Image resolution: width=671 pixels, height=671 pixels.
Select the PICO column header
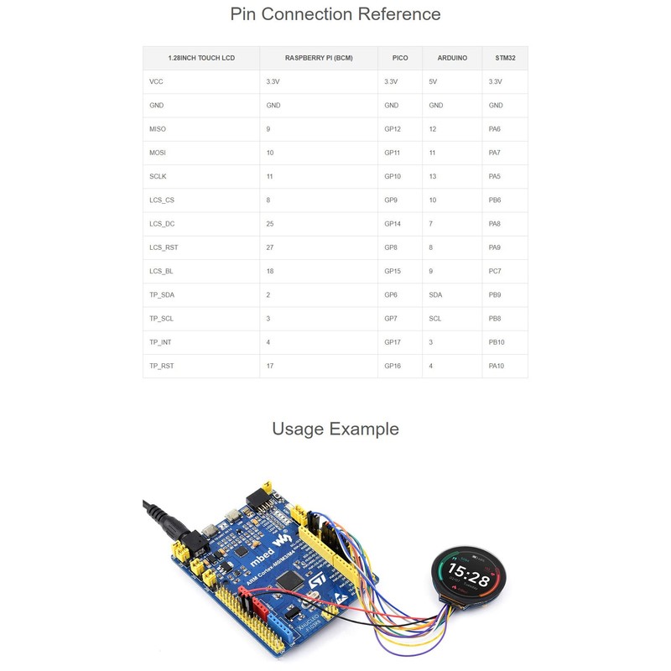[x=400, y=58]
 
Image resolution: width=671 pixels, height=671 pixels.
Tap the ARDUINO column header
[x=452, y=58]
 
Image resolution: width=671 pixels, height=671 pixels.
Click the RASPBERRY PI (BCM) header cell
[x=319, y=58]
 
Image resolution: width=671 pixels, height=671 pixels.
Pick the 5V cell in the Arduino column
[x=434, y=82]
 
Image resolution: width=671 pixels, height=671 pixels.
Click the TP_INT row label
[x=160, y=342]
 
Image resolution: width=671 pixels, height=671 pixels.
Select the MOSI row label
[x=158, y=153]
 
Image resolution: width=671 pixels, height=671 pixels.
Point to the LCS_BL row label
[x=161, y=272]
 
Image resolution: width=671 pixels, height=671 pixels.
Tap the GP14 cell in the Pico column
[x=393, y=224]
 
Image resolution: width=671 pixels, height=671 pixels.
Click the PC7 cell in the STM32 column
[x=495, y=272]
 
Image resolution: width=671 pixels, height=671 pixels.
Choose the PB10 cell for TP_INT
[x=497, y=342]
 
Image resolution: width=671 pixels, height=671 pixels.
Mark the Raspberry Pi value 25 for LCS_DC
[x=270, y=224]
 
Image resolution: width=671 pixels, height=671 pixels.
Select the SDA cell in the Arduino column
[x=435, y=295]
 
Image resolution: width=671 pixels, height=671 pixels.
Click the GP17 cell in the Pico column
[x=393, y=342]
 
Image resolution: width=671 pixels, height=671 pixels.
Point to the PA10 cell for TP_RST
[x=497, y=366]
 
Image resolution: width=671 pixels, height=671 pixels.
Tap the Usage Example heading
[x=335, y=429]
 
